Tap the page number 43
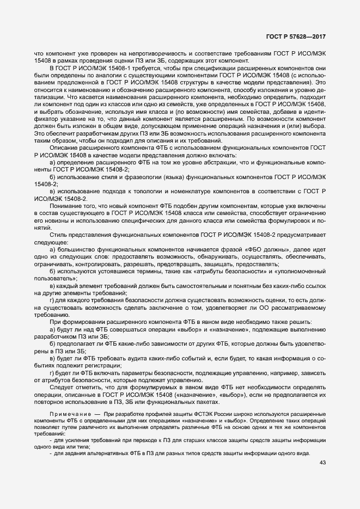point(321,463)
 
